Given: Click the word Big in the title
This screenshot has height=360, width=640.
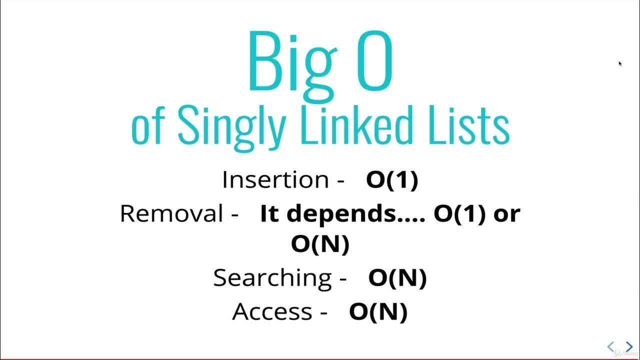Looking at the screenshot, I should coord(290,62).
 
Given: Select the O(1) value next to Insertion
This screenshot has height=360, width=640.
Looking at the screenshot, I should coord(392,180).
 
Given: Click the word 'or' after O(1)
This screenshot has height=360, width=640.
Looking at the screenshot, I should coord(506,214).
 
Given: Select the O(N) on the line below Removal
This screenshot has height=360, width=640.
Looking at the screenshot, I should coord(320,244).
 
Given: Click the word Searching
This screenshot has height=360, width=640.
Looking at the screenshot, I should coord(272,277).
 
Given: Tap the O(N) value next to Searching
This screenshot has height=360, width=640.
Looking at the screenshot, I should coord(397,278).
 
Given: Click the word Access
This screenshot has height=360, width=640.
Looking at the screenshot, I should coord(272,311).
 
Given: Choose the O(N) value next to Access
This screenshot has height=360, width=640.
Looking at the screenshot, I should coord(378,311).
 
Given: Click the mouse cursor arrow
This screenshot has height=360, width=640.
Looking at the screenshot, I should coord(620,63).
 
